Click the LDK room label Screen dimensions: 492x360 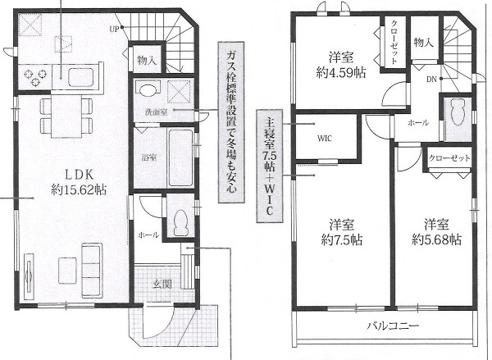click(78, 175)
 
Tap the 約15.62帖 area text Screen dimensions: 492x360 click(79, 190)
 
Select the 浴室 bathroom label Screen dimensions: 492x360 click(149, 157)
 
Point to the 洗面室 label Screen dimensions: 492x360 click(156, 112)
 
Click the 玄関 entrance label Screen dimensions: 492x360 click(162, 285)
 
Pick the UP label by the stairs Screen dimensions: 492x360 click(114, 30)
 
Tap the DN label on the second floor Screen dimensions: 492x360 click(431, 80)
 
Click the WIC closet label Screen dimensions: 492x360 click(325, 139)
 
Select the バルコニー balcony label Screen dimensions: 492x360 click(393, 326)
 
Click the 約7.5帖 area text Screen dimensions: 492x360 click(342, 240)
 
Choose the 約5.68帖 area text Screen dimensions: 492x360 click(436, 239)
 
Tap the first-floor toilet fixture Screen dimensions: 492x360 click(180, 222)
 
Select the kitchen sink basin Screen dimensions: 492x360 click(81, 77)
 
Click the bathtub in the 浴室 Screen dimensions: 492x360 click(180, 157)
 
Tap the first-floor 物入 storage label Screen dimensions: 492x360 click(147, 60)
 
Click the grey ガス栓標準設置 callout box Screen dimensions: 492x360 click(230, 122)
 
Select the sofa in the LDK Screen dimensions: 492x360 click(91, 271)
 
